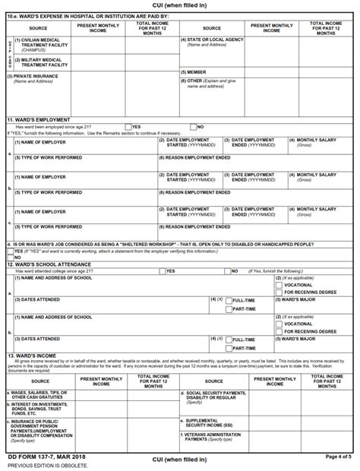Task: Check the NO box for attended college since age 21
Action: (x=226, y=271)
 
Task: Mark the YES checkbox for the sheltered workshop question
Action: (x=10, y=251)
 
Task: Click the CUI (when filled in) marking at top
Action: (x=179, y=5)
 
